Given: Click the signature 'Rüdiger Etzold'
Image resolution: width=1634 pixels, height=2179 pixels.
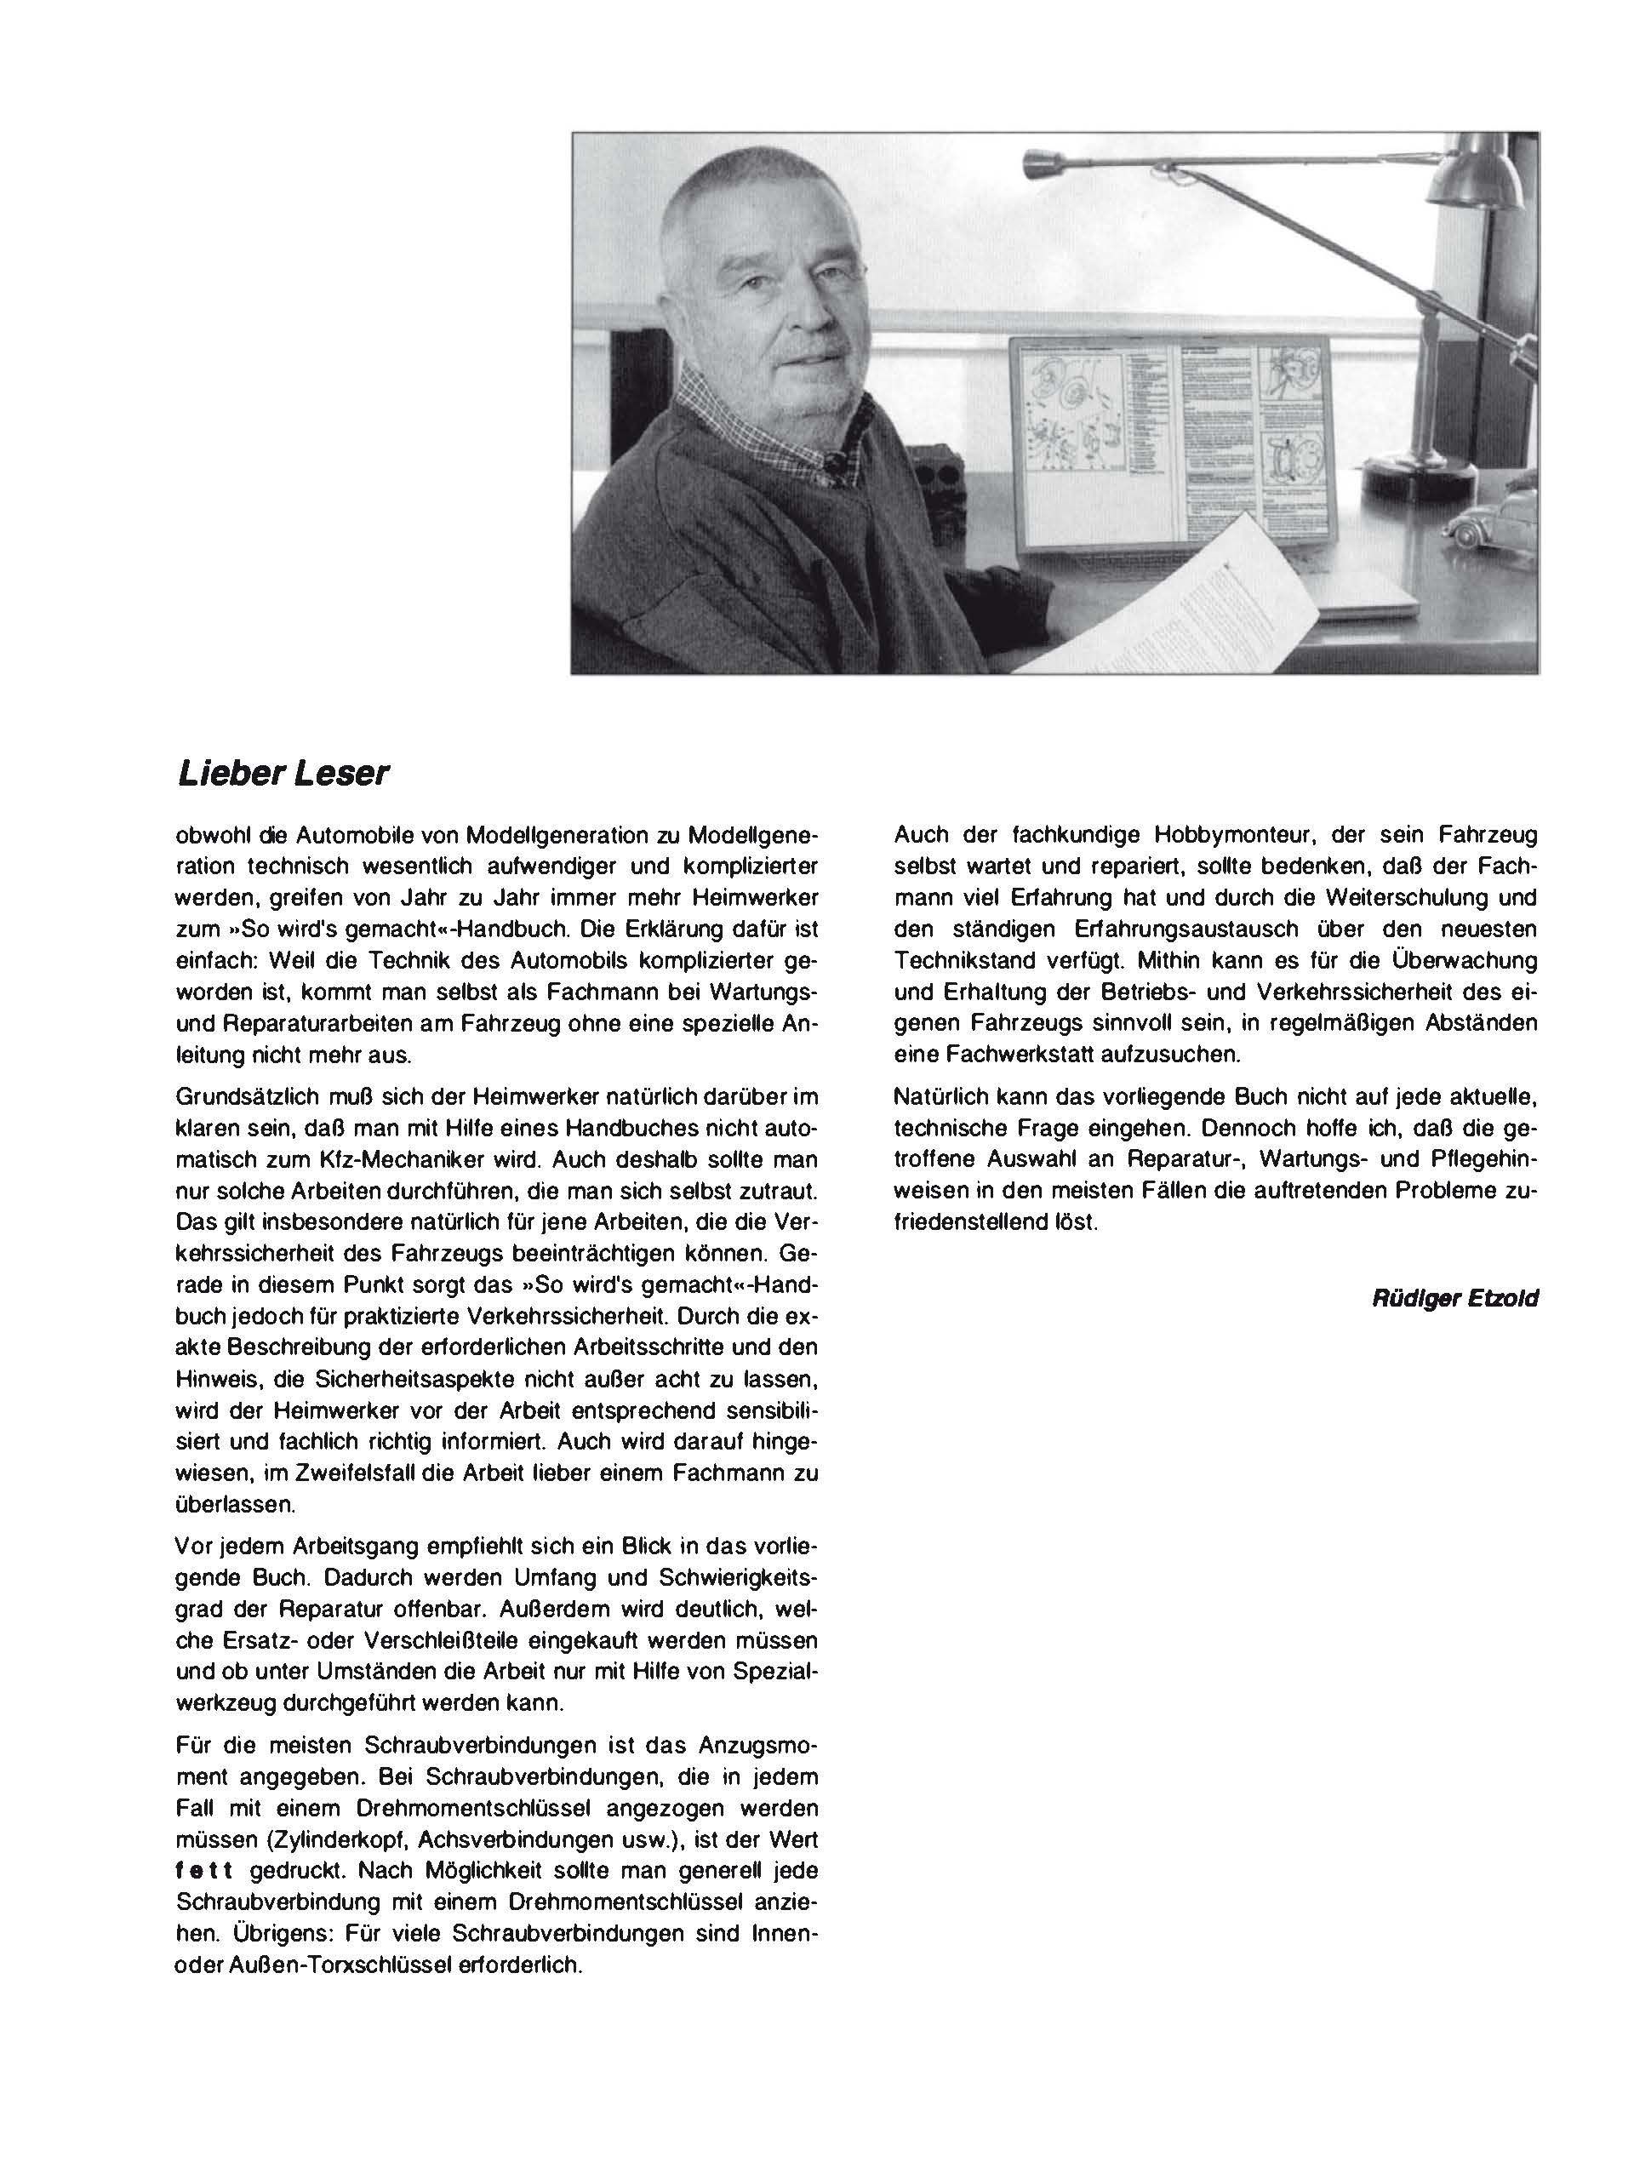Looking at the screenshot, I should (1454, 1298).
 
